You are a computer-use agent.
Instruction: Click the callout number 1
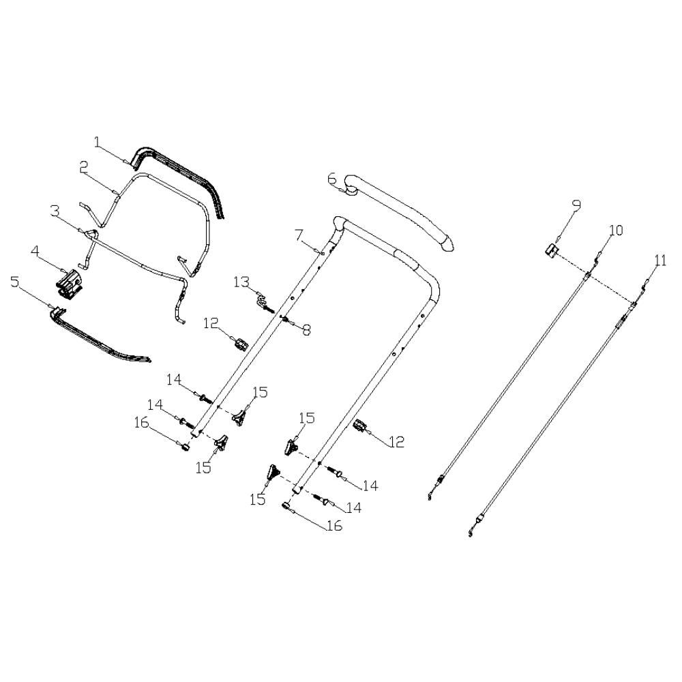pyautogui.click(x=97, y=142)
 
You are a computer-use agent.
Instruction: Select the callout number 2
pyautogui.click(x=84, y=168)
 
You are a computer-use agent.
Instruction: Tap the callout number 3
pyautogui.click(x=55, y=211)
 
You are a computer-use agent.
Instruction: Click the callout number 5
pyautogui.click(x=15, y=282)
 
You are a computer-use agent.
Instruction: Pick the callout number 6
pyautogui.click(x=332, y=178)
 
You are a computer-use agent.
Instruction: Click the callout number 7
pyautogui.click(x=299, y=235)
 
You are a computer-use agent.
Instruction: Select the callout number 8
pyautogui.click(x=307, y=330)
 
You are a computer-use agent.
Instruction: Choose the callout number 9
pyautogui.click(x=576, y=205)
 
